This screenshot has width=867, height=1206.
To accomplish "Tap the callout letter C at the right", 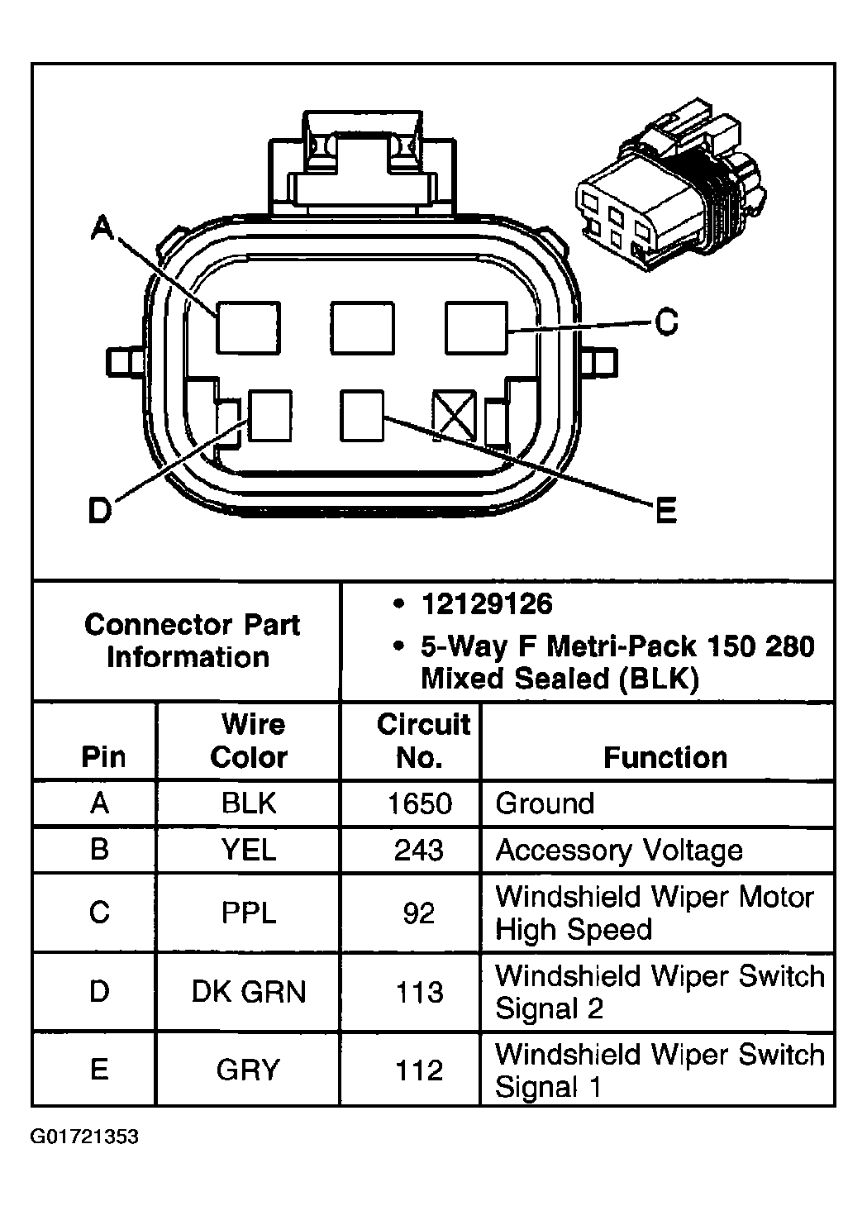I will tap(665, 322).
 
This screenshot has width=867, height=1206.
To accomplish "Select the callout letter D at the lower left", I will tap(99, 512).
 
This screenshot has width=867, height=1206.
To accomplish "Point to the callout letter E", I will tap(665, 512).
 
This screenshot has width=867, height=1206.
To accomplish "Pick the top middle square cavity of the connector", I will tap(362, 327).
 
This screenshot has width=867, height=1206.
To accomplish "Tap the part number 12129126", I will tap(486, 604).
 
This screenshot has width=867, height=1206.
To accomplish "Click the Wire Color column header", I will tap(249, 741).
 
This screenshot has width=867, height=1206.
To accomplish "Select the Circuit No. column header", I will tap(422, 741).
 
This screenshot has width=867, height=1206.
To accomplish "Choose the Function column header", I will tap(665, 757).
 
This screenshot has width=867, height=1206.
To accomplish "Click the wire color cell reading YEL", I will tap(249, 850).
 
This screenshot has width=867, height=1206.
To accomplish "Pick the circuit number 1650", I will tap(420, 803).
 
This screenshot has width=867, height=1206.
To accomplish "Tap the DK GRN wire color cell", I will tap(249, 991).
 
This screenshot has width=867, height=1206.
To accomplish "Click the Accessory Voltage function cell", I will tap(618, 850).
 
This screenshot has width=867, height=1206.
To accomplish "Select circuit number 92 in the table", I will tap(419, 913).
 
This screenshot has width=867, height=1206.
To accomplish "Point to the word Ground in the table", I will tap(545, 803).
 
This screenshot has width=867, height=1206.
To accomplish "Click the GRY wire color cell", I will tap(249, 1070).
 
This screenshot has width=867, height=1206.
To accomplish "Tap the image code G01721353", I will tap(84, 1137).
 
